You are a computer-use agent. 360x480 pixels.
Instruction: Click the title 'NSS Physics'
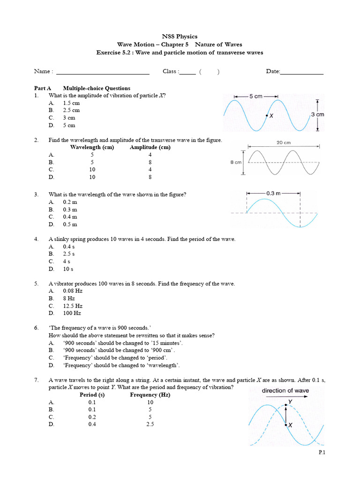click(x=180, y=36)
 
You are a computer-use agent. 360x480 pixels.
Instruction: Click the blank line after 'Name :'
click(x=102, y=73)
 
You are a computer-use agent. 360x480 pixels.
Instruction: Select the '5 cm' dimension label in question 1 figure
click(x=256, y=96)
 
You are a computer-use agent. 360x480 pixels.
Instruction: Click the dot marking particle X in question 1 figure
click(x=267, y=115)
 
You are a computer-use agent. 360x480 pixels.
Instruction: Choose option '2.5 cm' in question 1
click(x=71, y=110)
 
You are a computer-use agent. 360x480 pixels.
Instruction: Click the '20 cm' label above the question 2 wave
click(x=284, y=142)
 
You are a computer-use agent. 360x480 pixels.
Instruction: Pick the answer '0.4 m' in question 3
click(x=70, y=217)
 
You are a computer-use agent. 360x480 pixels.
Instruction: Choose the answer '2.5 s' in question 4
click(x=69, y=254)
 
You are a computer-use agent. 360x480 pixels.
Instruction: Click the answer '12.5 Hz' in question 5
click(x=73, y=306)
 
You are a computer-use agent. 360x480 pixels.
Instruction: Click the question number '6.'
click(x=36, y=328)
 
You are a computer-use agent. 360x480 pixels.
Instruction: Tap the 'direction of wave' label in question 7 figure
click(x=285, y=390)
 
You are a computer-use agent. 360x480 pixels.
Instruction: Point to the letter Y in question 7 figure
click(x=290, y=402)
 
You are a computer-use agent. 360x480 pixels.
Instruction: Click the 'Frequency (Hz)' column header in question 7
click(x=150, y=395)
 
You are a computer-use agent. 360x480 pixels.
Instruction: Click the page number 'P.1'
click(x=322, y=452)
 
